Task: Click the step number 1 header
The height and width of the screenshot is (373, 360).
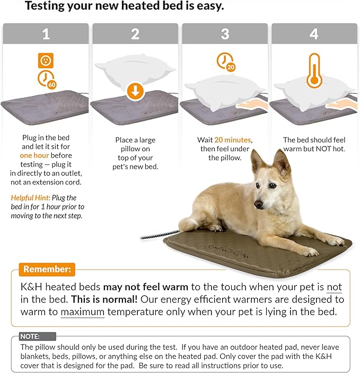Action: pos(46,34)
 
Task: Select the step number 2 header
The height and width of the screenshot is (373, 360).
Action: pos(135,34)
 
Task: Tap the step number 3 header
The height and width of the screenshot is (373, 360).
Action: pos(225,34)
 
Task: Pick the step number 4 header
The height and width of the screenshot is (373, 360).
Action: pos(314,34)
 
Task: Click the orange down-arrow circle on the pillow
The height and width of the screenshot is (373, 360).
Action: pos(135,91)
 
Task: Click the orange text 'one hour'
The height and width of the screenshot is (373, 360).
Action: pos(35,155)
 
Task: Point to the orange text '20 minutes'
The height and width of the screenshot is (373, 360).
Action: pos(233,140)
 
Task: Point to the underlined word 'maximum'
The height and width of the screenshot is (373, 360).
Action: pos(82,312)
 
